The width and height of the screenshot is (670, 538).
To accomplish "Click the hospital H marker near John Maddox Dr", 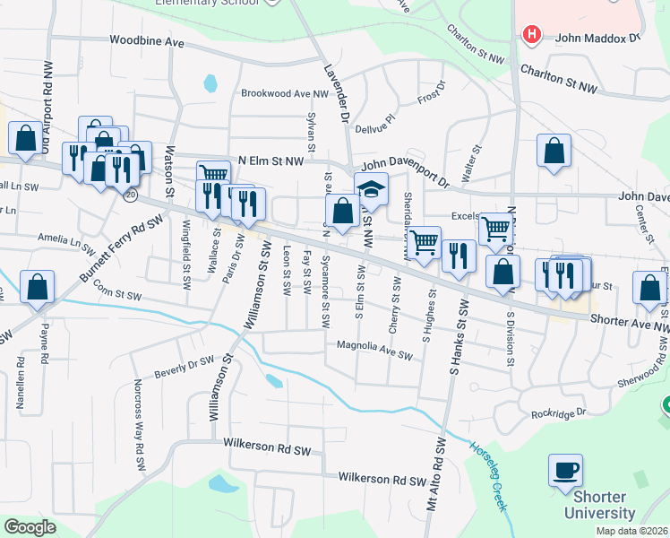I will point(532,35).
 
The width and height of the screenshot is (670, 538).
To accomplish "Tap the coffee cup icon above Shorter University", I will point(565,469).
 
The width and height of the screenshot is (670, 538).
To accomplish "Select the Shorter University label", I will point(599,505).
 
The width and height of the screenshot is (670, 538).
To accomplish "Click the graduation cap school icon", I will point(371,189).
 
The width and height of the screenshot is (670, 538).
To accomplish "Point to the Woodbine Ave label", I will point(147,41).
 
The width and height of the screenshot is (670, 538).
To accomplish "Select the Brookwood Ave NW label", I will point(285,93).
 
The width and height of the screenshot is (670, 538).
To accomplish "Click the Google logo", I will point(30,527).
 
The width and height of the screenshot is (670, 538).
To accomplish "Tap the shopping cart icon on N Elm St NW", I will point(212,172).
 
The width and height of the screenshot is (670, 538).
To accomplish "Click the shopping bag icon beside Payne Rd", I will point(38,288).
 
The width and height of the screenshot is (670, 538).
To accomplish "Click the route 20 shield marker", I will point(131,195).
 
